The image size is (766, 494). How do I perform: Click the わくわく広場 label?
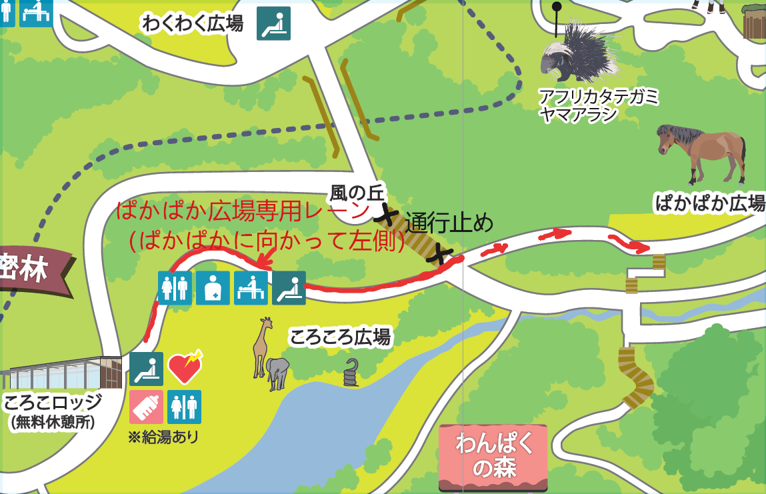click(x=193, y=24)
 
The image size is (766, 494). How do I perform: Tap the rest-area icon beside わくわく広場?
click(x=274, y=23)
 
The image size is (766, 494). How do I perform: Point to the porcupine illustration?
click(x=577, y=53)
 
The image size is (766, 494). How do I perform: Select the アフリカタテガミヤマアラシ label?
click(x=598, y=105)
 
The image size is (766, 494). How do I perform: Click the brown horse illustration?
click(x=701, y=152)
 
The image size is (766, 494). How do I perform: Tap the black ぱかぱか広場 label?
click(x=710, y=203)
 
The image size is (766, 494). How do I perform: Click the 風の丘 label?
click(x=357, y=194)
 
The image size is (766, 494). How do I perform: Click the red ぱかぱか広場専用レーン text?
click(x=243, y=212)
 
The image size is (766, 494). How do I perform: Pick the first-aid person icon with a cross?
click(x=213, y=288)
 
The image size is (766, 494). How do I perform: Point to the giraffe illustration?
click(x=262, y=347)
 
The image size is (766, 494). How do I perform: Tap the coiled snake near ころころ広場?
click(x=351, y=374)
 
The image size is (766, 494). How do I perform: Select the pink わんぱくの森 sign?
click(x=493, y=457)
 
